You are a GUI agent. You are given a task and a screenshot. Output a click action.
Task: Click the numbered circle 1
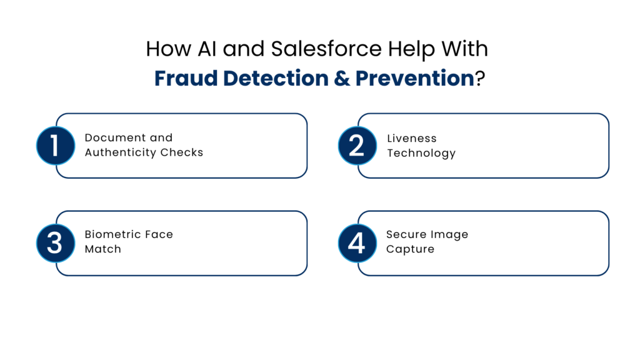click(56, 145)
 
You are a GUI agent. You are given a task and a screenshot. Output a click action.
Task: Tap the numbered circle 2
click(357, 145)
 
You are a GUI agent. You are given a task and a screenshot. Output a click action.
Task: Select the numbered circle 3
click(56, 242)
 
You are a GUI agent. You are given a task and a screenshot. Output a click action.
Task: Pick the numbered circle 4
click(357, 242)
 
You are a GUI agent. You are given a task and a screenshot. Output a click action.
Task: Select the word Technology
click(421, 153)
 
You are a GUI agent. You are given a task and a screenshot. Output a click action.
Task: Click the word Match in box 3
click(103, 249)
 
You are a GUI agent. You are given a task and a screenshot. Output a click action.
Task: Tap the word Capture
click(410, 249)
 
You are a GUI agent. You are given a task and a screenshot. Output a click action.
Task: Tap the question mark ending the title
click(479, 79)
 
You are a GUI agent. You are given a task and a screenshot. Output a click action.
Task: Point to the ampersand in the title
click(343, 79)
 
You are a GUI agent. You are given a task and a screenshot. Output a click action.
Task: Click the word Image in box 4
click(449, 235)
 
